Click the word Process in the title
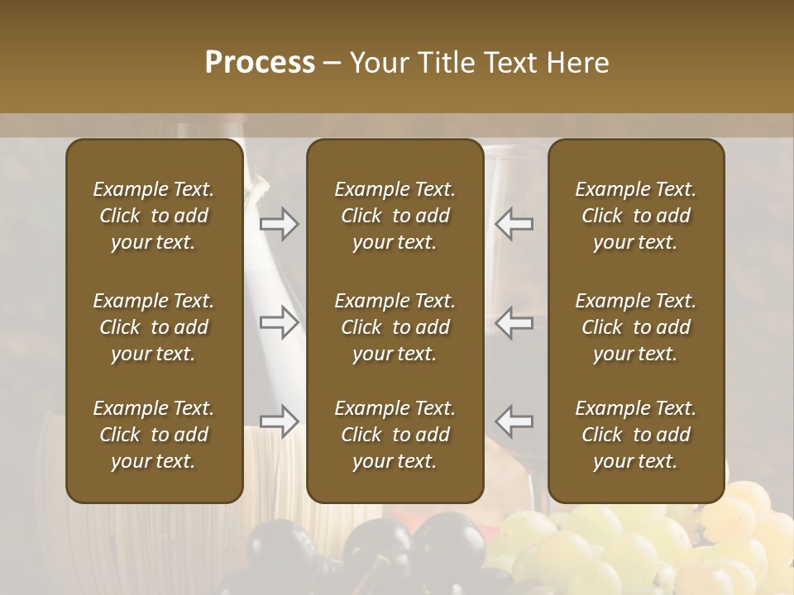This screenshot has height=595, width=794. click(x=260, y=63)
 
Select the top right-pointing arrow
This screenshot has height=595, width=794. click(x=280, y=223)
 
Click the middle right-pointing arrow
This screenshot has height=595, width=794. click(x=280, y=321)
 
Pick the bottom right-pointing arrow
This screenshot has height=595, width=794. click(x=280, y=421)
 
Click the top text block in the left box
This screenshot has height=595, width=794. click(x=154, y=216)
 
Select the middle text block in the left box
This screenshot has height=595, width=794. click(x=154, y=327)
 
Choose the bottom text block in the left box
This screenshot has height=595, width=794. click(x=154, y=435)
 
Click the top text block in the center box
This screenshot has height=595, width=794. click(x=395, y=216)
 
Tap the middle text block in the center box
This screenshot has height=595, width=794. click(x=395, y=327)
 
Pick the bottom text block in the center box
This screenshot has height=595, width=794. click(x=395, y=435)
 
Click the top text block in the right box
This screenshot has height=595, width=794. click(x=636, y=216)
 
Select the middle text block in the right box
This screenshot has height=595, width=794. click(x=636, y=327)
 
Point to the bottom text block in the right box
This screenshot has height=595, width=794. click(x=636, y=435)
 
